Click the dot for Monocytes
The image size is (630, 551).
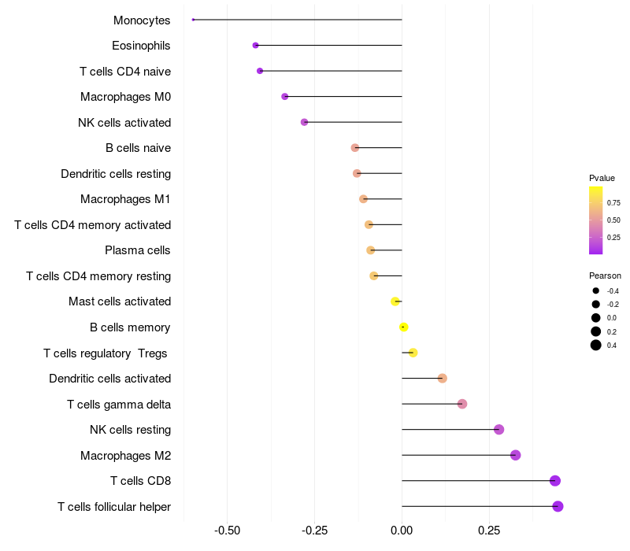pyautogui.click(x=193, y=20)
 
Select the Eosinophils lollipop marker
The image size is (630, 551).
pyautogui.click(x=255, y=46)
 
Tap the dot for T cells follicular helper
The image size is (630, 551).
pyautogui.click(x=558, y=506)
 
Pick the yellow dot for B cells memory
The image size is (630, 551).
pyautogui.click(x=403, y=327)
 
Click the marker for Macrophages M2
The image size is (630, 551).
pyautogui.click(x=515, y=455)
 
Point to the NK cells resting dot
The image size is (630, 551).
pyautogui.click(x=498, y=430)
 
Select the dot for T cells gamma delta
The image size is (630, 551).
pyautogui.click(x=462, y=404)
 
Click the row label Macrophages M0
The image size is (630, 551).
pyautogui.click(x=125, y=97)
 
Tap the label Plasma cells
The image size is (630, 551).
pyautogui.click(x=138, y=250)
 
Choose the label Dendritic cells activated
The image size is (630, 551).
pyautogui.click(x=109, y=379)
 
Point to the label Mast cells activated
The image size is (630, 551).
pyautogui.click(x=120, y=301)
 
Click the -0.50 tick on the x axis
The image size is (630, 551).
pyautogui.click(x=228, y=531)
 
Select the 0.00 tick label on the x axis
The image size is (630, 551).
pyautogui.click(x=402, y=531)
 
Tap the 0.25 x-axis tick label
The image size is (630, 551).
pyautogui.click(x=489, y=531)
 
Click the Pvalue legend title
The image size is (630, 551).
pyautogui.click(x=602, y=178)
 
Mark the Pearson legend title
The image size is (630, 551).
pyautogui.click(x=605, y=275)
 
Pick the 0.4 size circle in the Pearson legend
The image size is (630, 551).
pyautogui.click(x=596, y=345)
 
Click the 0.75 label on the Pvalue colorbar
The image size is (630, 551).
pyautogui.click(x=613, y=202)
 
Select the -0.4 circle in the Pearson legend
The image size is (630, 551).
pyautogui.click(x=596, y=291)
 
